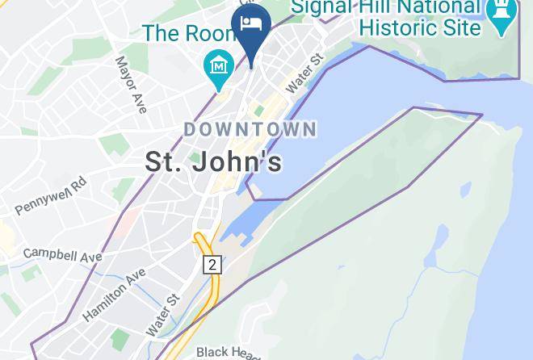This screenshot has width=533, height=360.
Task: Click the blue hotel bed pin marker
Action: coord(250,23)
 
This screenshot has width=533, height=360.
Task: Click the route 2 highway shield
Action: coord(212,264)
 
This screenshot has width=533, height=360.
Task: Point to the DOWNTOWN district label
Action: coord(250,129)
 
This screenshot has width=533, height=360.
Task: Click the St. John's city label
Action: coord(214,161)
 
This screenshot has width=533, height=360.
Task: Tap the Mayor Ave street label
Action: coord(131,83)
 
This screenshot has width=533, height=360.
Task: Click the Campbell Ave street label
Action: coord(63,254)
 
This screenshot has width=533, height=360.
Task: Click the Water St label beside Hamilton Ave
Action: coord(162,316)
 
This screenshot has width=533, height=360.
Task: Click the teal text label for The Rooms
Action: coord(190,33)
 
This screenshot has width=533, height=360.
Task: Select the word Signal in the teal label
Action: coord(323,7)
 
